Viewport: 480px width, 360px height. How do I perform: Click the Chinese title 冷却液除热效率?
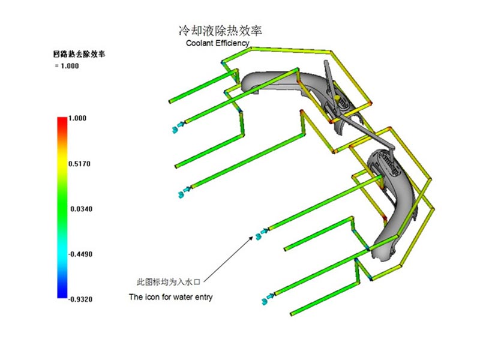click(x=220, y=31)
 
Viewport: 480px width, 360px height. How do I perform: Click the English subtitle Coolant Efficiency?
click(x=218, y=43)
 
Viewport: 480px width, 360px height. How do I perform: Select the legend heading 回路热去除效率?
click(x=79, y=54)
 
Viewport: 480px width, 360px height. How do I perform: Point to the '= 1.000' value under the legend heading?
click(x=67, y=66)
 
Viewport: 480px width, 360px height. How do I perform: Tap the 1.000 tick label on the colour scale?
click(x=77, y=118)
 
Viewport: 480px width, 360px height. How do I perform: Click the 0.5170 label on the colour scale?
click(x=79, y=164)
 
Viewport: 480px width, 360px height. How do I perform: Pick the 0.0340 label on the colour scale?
click(x=81, y=209)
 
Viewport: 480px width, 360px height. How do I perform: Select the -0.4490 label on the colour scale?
click(x=80, y=254)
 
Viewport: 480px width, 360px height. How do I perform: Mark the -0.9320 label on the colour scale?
click(x=80, y=299)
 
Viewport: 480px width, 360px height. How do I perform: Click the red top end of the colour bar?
click(x=62, y=119)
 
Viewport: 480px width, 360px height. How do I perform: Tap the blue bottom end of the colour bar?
click(x=62, y=295)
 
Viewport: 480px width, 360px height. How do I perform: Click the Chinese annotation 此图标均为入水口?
click(x=168, y=281)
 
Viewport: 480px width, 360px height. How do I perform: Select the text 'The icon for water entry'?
click(x=170, y=297)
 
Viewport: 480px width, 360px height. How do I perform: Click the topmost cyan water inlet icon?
click(x=178, y=127)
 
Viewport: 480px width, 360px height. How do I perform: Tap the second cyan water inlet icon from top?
click(x=185, y=192)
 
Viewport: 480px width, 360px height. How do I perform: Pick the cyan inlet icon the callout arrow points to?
click(x=262, y=233)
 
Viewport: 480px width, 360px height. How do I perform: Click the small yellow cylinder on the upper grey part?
click(x=337, y=99)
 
